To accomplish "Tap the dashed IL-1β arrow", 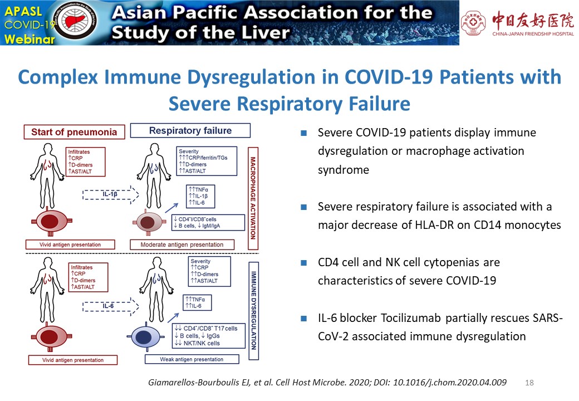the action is (111, 194).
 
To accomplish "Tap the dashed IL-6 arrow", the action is (111, 306).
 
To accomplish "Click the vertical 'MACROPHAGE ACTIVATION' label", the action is (253, 198).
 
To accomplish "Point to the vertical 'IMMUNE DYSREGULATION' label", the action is (254, 311).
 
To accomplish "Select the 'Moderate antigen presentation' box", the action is (182, 244).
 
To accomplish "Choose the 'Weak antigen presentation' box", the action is (192, 359).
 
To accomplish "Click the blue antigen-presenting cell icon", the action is (146, 337).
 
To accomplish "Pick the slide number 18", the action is (529, 383).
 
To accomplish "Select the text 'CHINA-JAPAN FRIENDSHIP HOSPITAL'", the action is (533, 34).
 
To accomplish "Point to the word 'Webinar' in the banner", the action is (30, 39).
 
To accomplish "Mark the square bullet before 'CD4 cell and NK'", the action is (303, 263).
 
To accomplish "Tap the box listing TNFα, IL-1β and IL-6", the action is (200, 196).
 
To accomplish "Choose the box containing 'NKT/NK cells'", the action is (209, 336).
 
